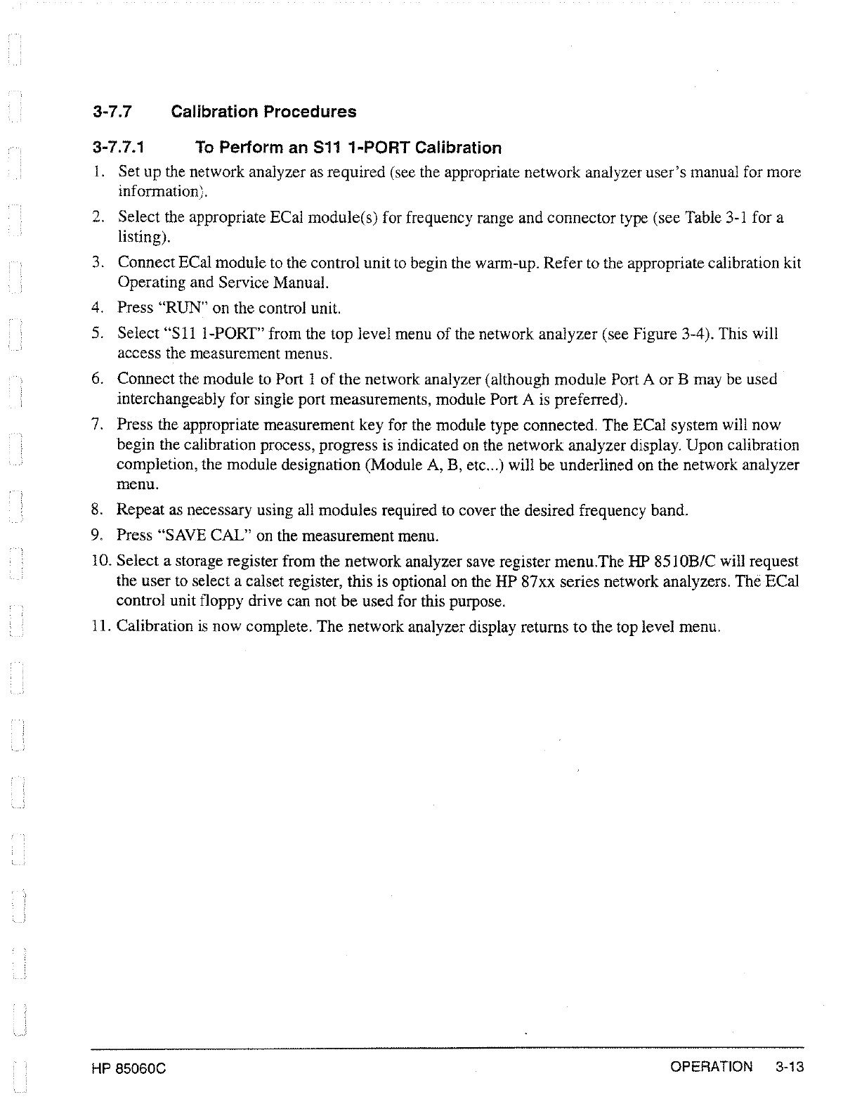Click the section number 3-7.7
click(x=112, y=112)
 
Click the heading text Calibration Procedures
click(x=263, y=112)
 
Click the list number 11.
click(x=100, y=626)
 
